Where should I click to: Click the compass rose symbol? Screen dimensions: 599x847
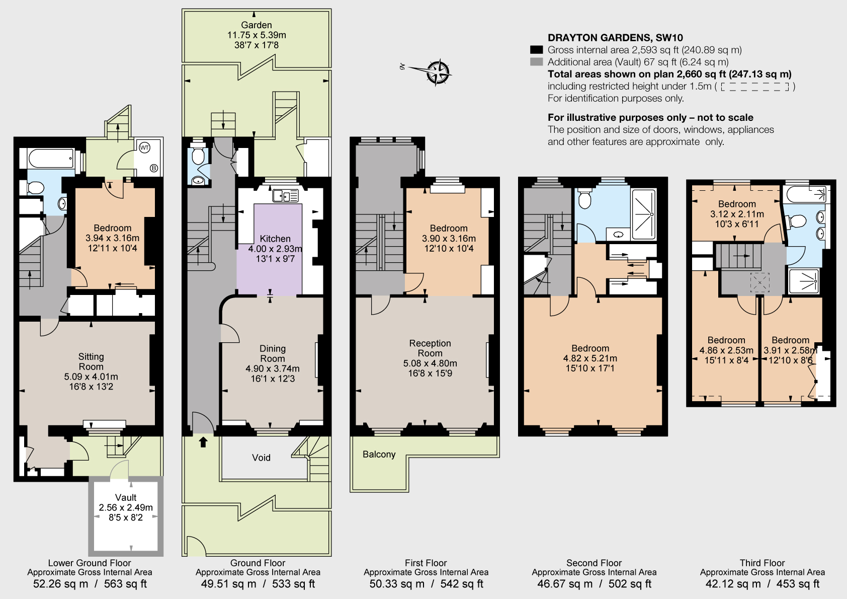point(438,71)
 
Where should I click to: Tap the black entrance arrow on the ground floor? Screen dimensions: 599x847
point(203,442)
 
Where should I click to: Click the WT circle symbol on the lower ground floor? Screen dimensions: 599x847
point(144,148)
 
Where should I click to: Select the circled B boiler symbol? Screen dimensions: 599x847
point(154,168)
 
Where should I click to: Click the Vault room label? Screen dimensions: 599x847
point(126,497)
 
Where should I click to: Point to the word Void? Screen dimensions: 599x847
point(261,458)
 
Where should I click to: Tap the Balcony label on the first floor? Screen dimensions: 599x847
point(379,455)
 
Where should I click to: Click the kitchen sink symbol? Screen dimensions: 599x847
point(285,195)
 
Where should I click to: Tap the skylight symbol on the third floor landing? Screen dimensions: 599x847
point(759,282)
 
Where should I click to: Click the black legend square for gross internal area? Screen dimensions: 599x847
point(537,50)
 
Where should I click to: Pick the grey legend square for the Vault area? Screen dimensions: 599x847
point(537,62)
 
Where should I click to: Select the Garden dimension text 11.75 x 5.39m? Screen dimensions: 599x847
point(257,35)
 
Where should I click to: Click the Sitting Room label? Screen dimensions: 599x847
point(91,361)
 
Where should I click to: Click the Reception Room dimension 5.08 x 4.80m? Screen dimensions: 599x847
point(430,363)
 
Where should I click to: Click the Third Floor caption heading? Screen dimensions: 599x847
point(762,563)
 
